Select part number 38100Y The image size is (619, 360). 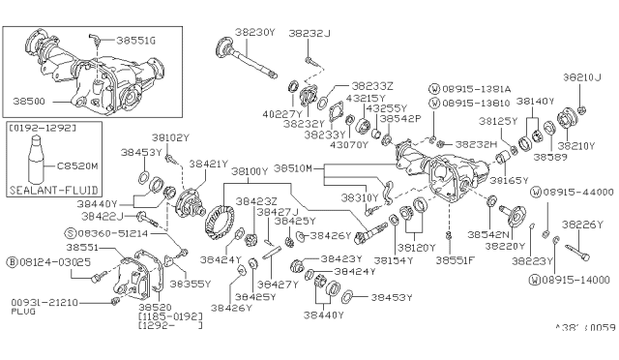[x=250, y=170]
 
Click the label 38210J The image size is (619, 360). [x=584, y=75]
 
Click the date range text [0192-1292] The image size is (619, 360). [x=44, y=126]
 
